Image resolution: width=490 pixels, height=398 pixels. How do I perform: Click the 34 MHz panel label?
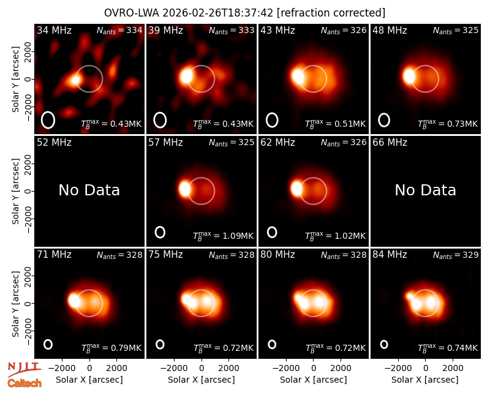(x=54, y=30)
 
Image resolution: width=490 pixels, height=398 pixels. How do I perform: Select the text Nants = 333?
(x=232, y=31)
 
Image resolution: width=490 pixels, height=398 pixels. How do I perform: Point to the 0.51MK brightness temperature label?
(x=335, y=124)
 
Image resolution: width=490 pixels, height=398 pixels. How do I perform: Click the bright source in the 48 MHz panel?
(x=409, y=76)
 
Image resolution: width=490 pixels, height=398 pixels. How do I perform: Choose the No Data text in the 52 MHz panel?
(x=89, y=190)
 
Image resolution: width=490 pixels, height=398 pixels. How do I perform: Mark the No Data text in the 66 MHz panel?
(x=425, y=190)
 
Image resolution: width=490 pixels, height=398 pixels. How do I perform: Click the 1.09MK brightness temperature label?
(x=223, y=236)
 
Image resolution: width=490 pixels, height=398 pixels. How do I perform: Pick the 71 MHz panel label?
(x=54, y=255)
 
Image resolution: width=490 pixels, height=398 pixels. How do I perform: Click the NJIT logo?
(x=24, y=369)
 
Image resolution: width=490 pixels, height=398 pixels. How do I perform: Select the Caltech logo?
(x=24, y=383)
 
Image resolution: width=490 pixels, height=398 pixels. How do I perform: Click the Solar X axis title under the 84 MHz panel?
(x=425, y=380)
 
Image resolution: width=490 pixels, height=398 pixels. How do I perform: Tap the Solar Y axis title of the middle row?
(x=15, y=191)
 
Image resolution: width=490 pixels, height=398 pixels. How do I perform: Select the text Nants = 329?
(x=456, y=255)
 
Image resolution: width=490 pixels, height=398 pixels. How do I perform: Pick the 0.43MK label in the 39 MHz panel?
(x=223, y=124)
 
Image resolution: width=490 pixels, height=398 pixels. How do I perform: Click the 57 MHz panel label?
(x=165, y=143)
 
